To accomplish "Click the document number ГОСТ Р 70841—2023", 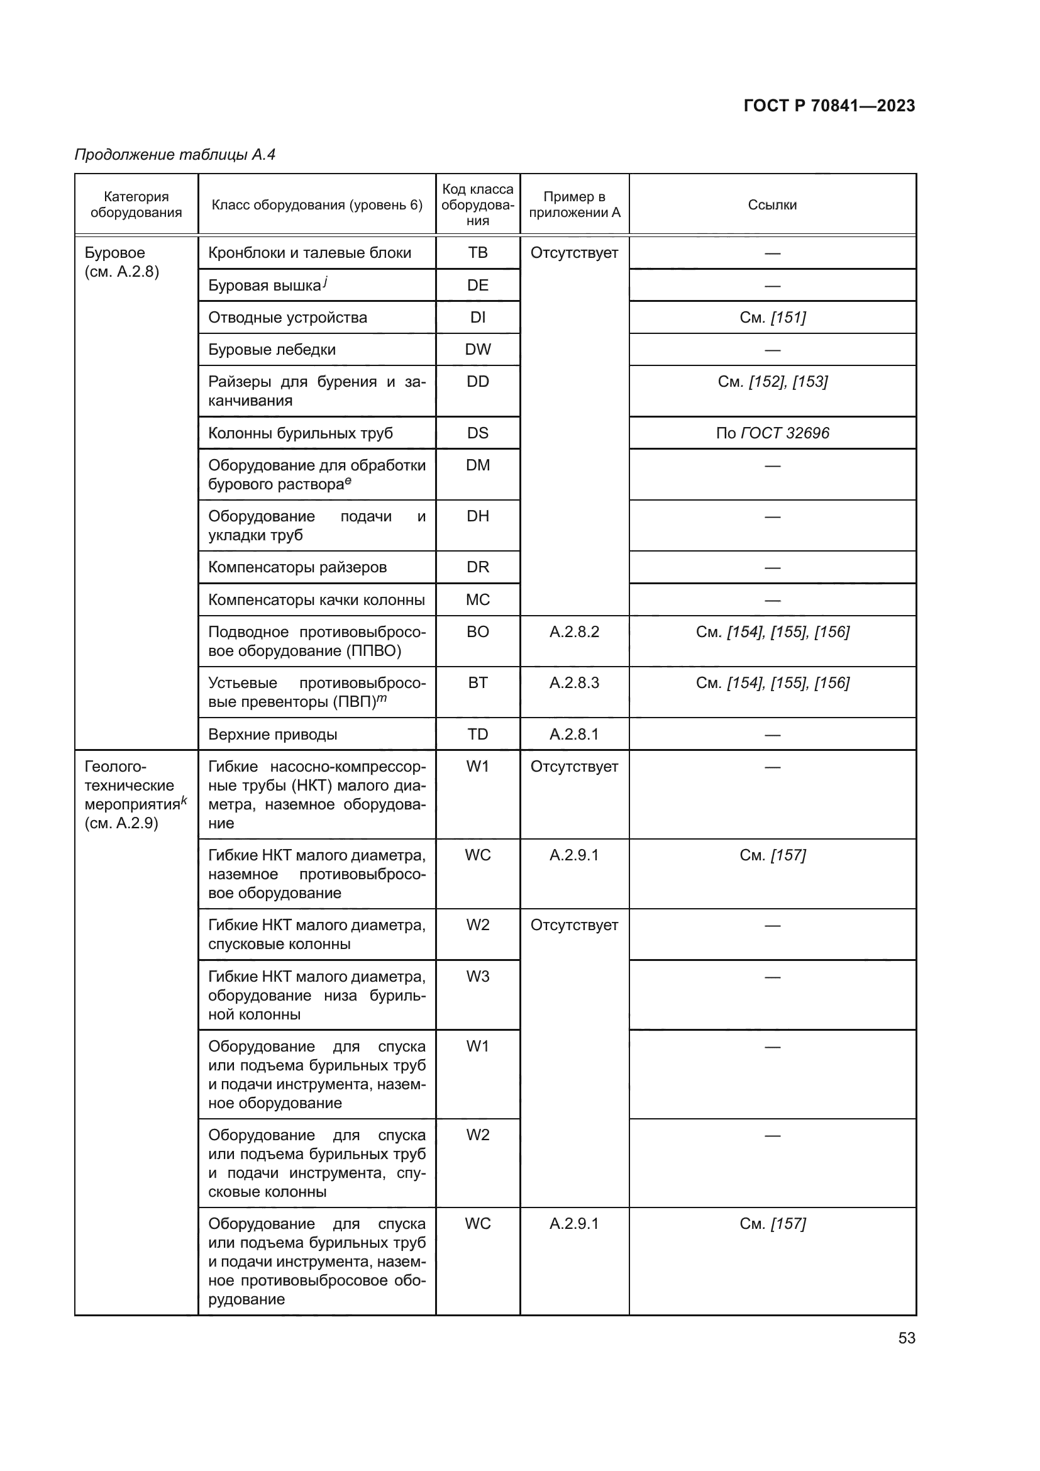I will (829, 106).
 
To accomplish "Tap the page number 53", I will (906, 1338).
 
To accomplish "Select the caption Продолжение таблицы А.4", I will (175, 155).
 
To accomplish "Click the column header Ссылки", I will (772, 205).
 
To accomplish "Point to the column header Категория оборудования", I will (136, 205).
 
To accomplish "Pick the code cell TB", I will (478, 253).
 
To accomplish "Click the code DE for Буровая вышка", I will (478, 285).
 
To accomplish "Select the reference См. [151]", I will (772, 318).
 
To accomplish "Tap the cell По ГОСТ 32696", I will (772, 433).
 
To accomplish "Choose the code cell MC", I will (478, 600).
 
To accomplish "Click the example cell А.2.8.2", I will (575, 632).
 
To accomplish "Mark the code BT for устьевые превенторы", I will (478, 683).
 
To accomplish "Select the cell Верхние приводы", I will (273, 734).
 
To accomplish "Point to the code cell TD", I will (478, 734).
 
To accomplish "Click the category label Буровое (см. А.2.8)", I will (122, 262).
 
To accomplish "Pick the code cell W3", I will (478, 977).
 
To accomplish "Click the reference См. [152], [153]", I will (772, 382).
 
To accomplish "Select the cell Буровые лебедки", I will (272, 350).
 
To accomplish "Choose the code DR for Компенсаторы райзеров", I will (478, 567).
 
